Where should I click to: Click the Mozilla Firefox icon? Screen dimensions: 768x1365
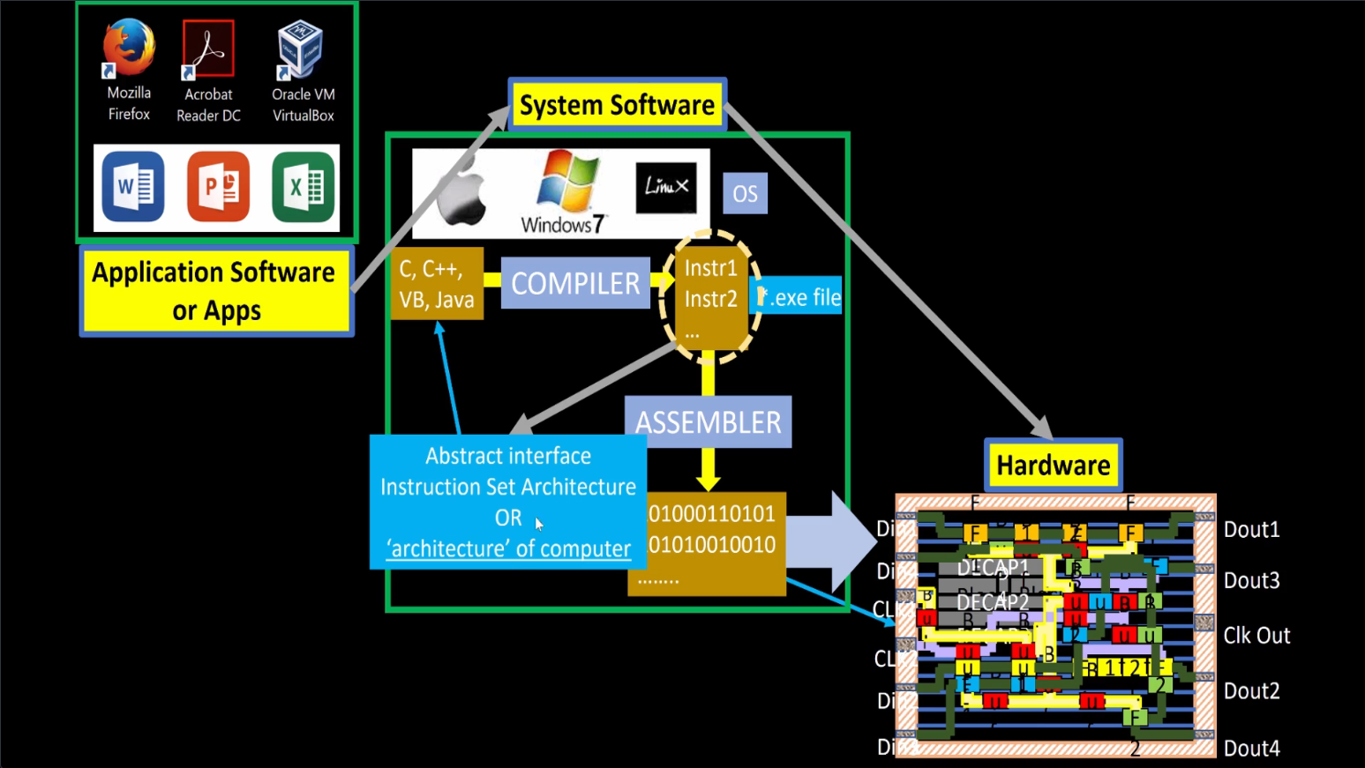click(x=129, y=48)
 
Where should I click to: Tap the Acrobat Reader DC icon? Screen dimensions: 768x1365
click(x=208, y=49)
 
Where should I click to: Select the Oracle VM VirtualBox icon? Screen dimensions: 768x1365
click(x=300, y=48)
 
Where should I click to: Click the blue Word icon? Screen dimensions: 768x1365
click(x=132, y=186)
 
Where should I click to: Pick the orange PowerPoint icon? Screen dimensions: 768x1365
click(x=218, y=186)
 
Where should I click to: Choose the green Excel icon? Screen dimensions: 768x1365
click(x=303, y=186)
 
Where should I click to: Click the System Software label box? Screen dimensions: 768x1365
click(x=617, y=105)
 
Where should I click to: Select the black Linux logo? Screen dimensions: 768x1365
click(x=666, y=187)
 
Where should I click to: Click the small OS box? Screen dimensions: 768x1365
click(x=745, y=194)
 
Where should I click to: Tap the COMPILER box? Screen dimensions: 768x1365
click(x=575, y=283)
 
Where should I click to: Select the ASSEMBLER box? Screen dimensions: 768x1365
click(x=708, y=422)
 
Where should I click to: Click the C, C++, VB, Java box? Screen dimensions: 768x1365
click(x=437, y=284)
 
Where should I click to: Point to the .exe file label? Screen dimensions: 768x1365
click(x=801, y=298)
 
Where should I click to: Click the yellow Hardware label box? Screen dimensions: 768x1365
click(x=1053, y=465)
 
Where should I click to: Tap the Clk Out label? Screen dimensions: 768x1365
click(x=1256, y=635)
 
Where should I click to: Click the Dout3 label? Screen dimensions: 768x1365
click(x=1251, y=580)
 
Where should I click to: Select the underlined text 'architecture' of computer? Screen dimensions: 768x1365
click(x=508, y=548)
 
